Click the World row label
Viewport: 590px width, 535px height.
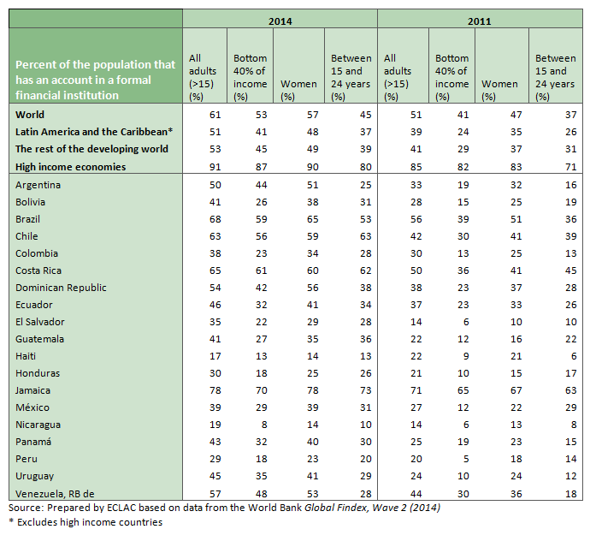coord(30,115)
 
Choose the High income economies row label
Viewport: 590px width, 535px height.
coord(71,167)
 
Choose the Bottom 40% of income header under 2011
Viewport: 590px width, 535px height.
coord(451,71)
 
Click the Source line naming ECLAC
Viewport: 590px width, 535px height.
coord(226,508)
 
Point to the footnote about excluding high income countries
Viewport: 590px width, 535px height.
coord(86,522)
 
